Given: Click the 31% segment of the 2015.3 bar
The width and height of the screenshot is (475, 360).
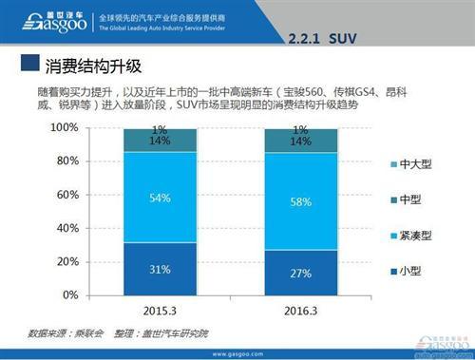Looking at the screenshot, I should (x=160, y=270).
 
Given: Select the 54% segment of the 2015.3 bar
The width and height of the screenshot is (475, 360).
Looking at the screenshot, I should (x=160, y=198).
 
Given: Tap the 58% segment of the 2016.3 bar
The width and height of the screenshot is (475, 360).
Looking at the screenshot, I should (x=300, y=202).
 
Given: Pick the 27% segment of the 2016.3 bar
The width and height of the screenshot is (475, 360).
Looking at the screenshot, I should (x=300, y=274).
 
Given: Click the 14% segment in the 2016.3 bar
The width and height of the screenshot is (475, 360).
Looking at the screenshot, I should (x=300, y=141).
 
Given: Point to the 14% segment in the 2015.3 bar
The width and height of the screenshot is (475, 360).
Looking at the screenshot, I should (x=160, y=141).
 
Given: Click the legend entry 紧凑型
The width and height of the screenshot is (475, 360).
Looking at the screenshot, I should (x=409, y=233).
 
